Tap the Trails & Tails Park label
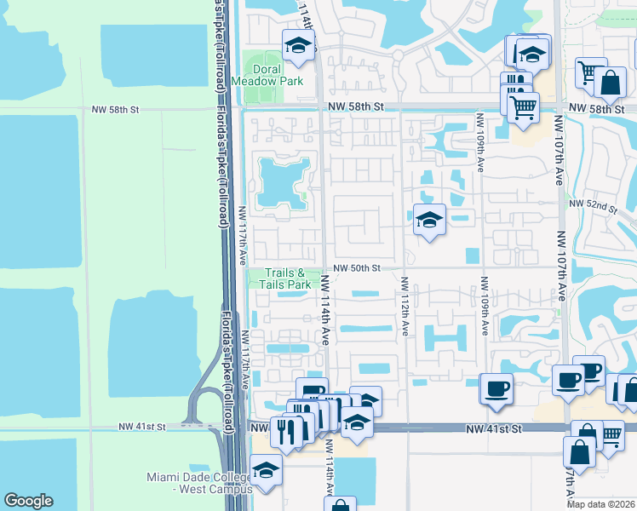coord(279,278)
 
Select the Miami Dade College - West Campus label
coord(198,482)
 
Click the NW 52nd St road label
coord(591,204)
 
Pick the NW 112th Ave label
coord(404,305)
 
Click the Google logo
coord(28,501)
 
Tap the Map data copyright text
coord(600,504)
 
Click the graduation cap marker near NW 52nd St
coord(429,221)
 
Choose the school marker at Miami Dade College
coord(266,471)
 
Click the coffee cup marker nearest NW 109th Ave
coord(496,390)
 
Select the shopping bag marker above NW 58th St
coord(611,83)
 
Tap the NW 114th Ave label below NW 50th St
coord(324,309)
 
